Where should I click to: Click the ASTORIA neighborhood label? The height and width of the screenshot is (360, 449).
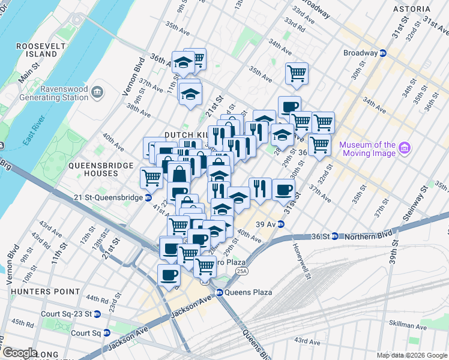(x=411, y=9)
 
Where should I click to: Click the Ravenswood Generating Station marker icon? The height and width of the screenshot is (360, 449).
(x=98, y=92)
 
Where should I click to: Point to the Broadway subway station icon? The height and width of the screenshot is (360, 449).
(x=382, y=53)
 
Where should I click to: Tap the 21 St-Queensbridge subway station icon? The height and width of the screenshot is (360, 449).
(x=148, y=197)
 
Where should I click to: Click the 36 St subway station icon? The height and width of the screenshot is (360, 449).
(x=336, y=236)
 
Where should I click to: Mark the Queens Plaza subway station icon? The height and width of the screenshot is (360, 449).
(x=220, y=293)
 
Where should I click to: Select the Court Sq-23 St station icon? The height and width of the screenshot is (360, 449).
(x=97, y=314)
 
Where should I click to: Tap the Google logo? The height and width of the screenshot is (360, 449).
(x=19, y=353)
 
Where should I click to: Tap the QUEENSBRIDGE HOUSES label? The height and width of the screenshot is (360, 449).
(x=93, y=169)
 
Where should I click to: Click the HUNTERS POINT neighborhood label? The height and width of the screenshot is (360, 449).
(x=45, y=291)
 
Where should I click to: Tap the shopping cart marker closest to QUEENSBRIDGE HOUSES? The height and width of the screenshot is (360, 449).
(x=151, y=177)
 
